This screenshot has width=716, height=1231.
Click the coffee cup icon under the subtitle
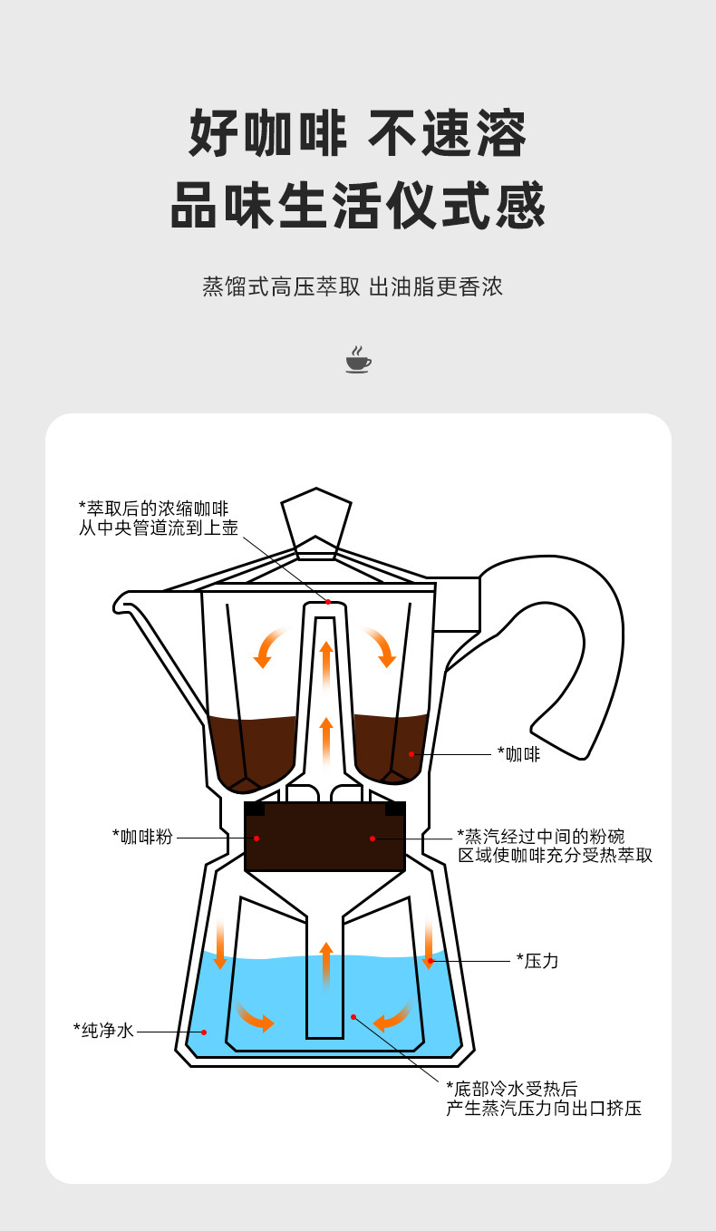click(x=358, y=359)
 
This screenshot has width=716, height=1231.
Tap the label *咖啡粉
click(x=141, y=836)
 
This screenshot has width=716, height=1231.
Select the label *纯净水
click(x=103, y=1030)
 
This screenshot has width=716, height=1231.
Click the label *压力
click(x=537, y=961)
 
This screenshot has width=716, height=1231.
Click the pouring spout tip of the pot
click(x=121, y=600)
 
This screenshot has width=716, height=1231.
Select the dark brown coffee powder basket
click(x=324, y=837)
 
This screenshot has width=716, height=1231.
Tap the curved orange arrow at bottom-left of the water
click(x=255, y=1017)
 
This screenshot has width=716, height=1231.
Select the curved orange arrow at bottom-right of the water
click(x=393, y=1017)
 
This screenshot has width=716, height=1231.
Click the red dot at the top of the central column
click(x=328, y=602)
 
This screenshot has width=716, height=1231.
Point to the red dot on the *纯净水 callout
click(x=204, y=1032)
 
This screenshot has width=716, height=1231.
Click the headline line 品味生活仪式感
click(x=358, y=206)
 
